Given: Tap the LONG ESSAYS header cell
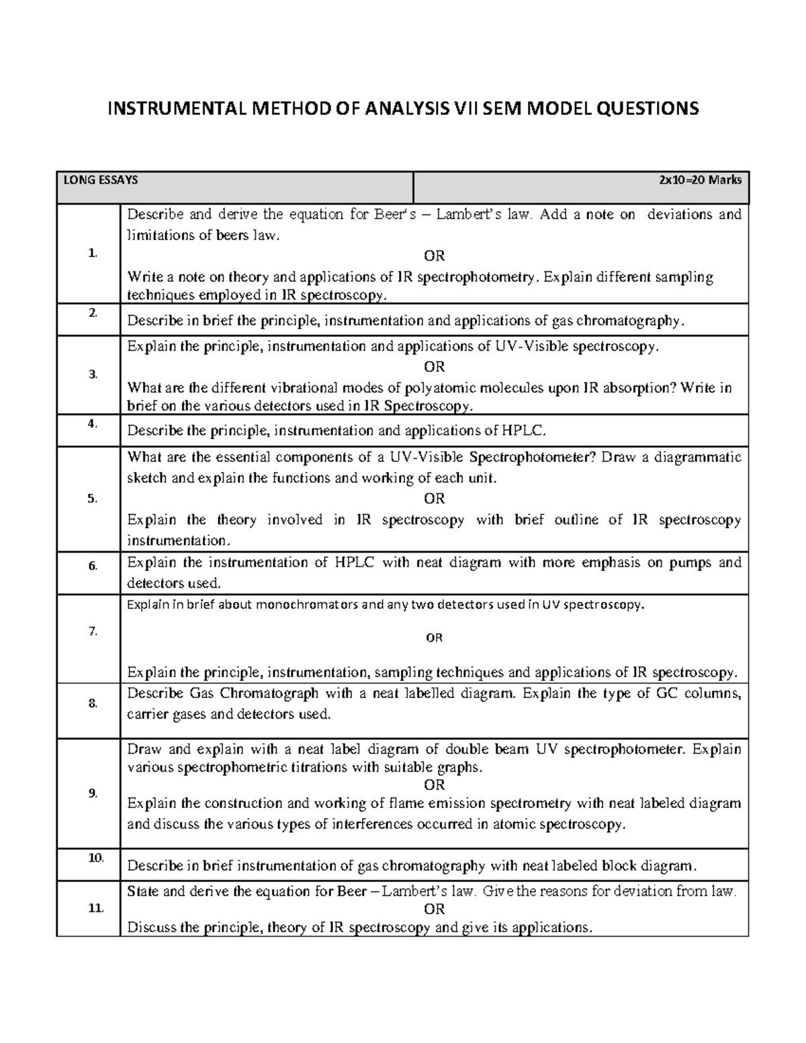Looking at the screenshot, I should (x=100, y=180).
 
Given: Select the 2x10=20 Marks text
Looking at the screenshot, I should (x=701, y=180).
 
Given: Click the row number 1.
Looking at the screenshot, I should (x=92, y=253).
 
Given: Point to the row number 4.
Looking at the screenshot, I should (x=92, y=423).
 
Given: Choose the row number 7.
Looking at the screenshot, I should (x=92, y=631).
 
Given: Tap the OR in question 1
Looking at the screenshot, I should (x=434, y=256).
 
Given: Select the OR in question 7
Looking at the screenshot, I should (x=434, y=638).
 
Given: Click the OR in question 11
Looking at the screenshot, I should (x=434, y=909).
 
